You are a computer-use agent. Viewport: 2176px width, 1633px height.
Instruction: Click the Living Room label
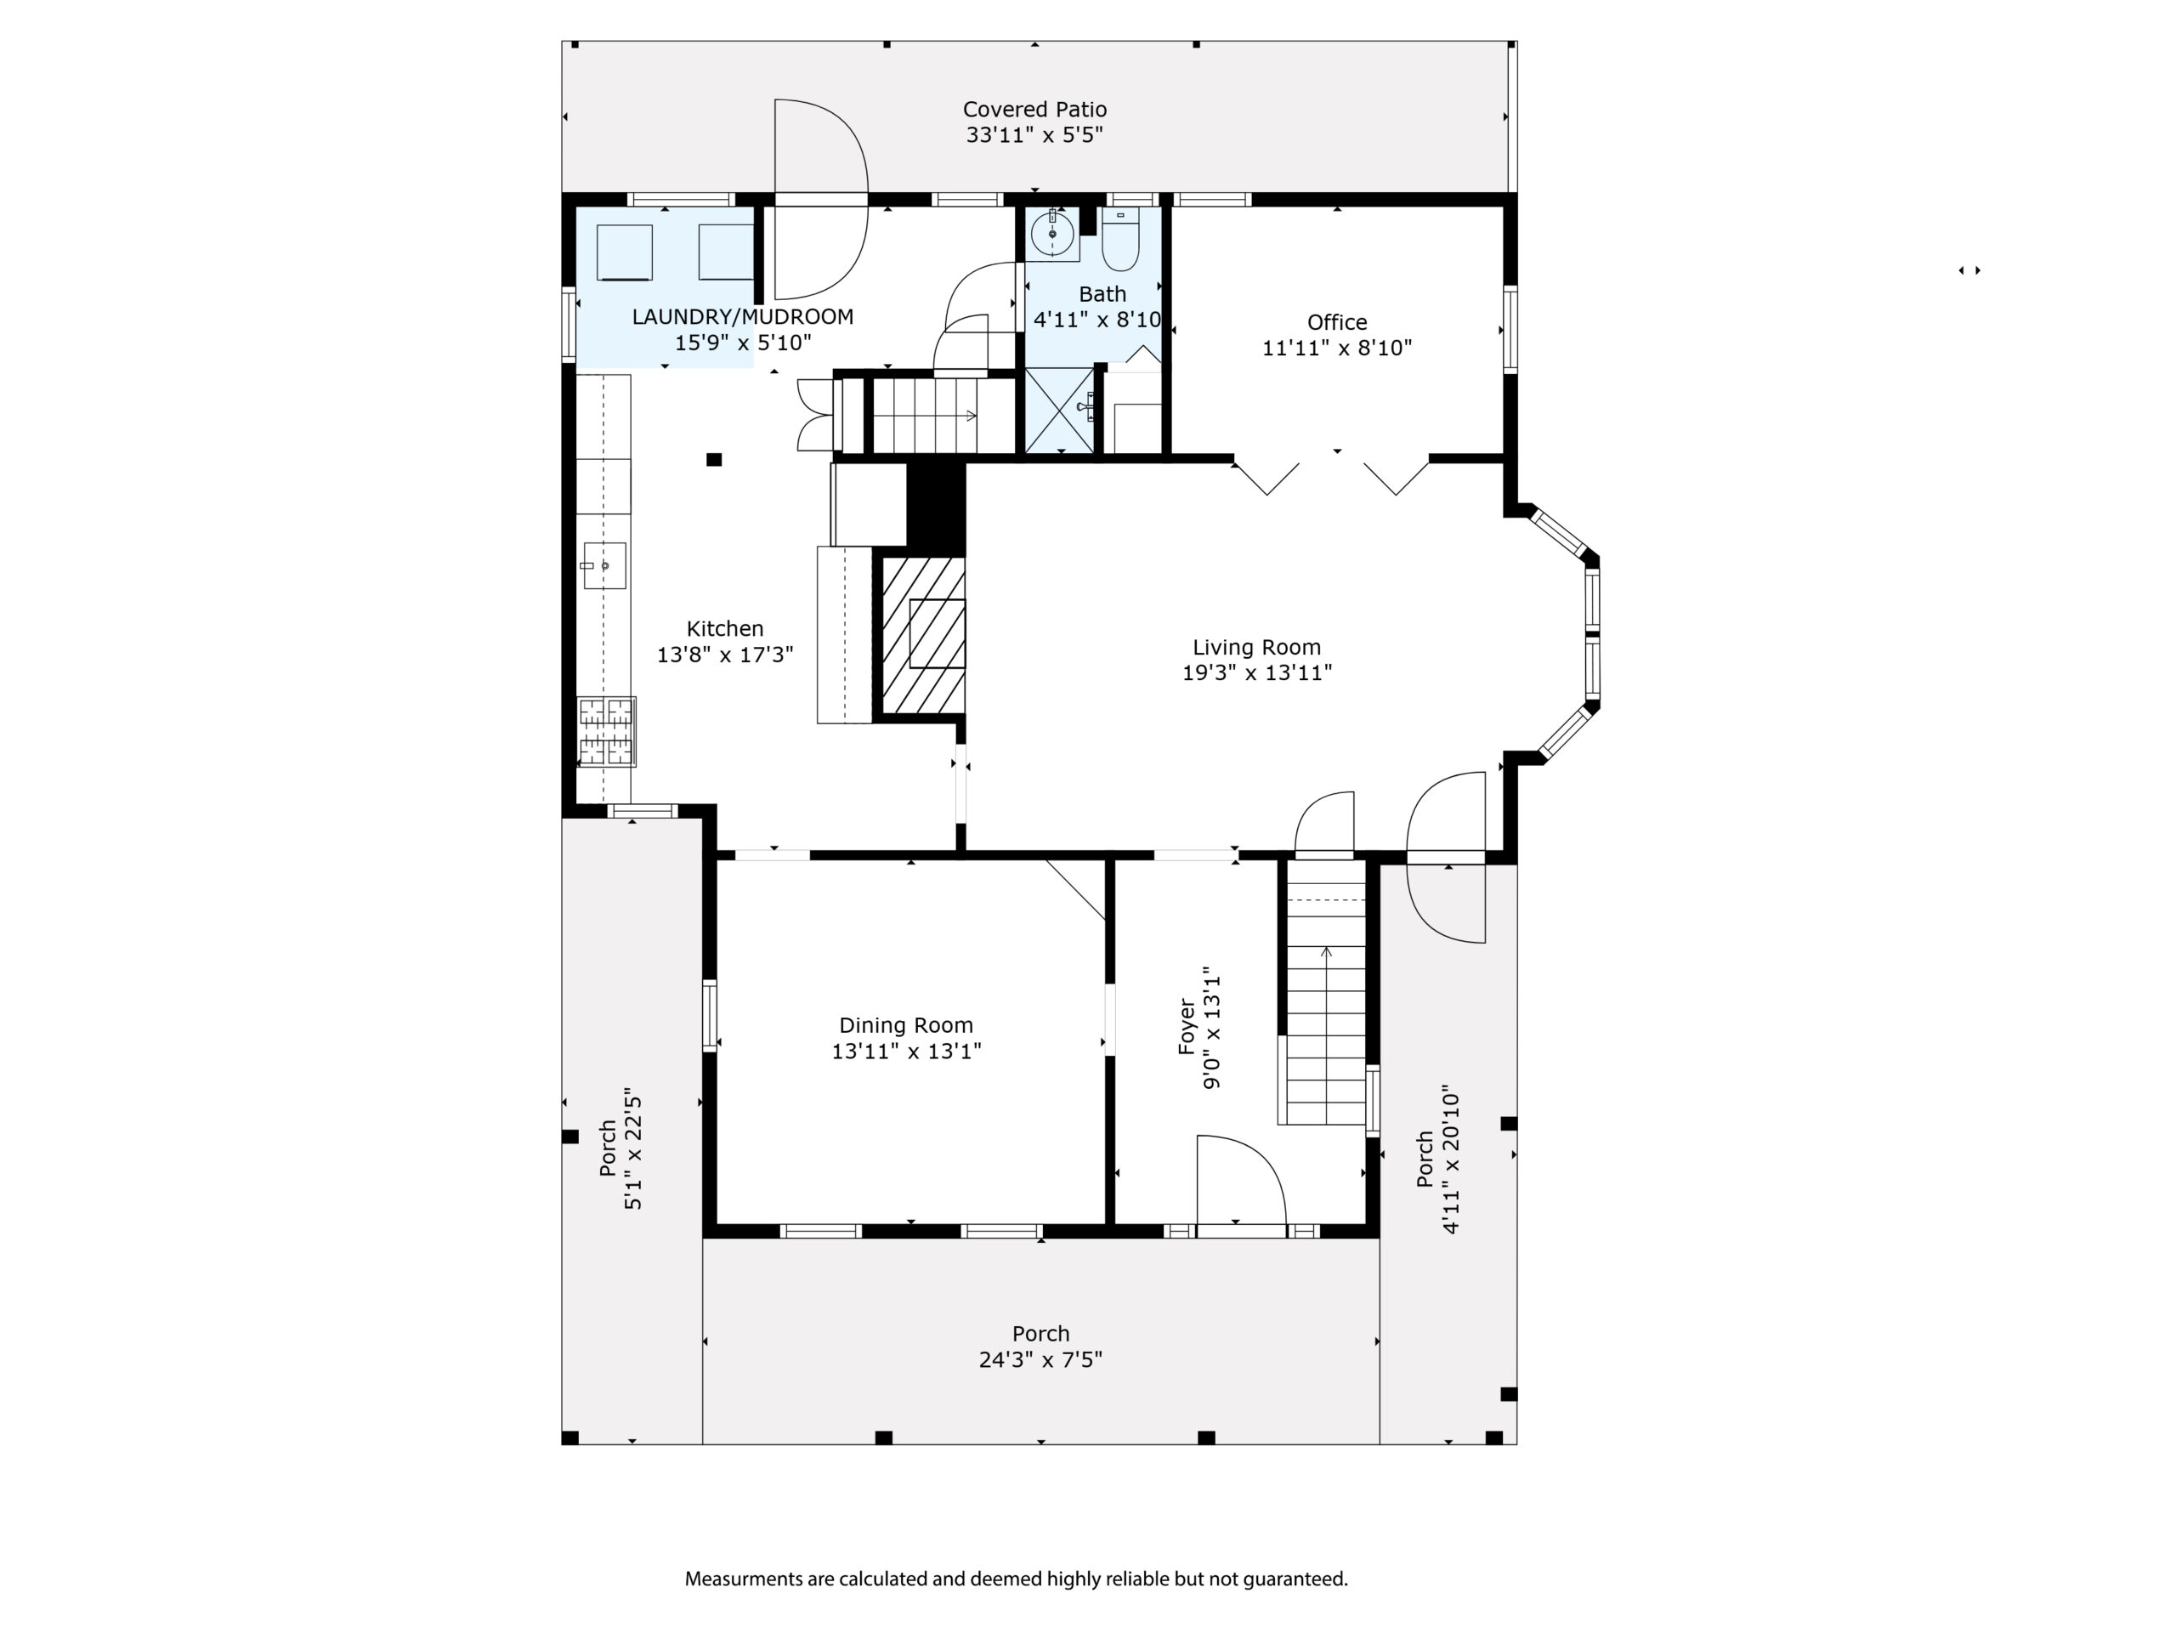[1256, 647]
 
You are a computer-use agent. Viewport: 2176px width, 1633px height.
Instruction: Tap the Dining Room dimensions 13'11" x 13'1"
[906, 1052]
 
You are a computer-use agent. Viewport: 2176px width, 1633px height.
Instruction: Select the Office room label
[1337, 321]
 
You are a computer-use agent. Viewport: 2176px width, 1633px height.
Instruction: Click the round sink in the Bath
[1052, 234]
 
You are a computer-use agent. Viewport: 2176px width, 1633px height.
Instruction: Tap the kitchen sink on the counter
[604, 565]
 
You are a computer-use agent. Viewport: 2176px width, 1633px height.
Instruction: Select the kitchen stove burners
[606, 731]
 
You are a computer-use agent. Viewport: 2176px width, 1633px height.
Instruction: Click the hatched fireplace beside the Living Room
[923, 636]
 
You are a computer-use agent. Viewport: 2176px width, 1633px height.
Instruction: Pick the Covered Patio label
[1035, 109]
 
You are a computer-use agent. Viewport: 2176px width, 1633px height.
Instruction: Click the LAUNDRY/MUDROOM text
[743, 317]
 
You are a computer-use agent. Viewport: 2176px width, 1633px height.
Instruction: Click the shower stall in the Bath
[1059, 411]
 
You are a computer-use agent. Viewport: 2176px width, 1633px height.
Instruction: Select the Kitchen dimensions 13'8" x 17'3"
[725, 655]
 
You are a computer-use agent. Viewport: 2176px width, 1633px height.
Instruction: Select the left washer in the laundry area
[625, 252]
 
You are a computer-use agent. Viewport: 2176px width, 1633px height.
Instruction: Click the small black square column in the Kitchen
[714, 459]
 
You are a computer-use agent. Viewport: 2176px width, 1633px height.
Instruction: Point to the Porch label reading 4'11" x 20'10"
[1437, 1160]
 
